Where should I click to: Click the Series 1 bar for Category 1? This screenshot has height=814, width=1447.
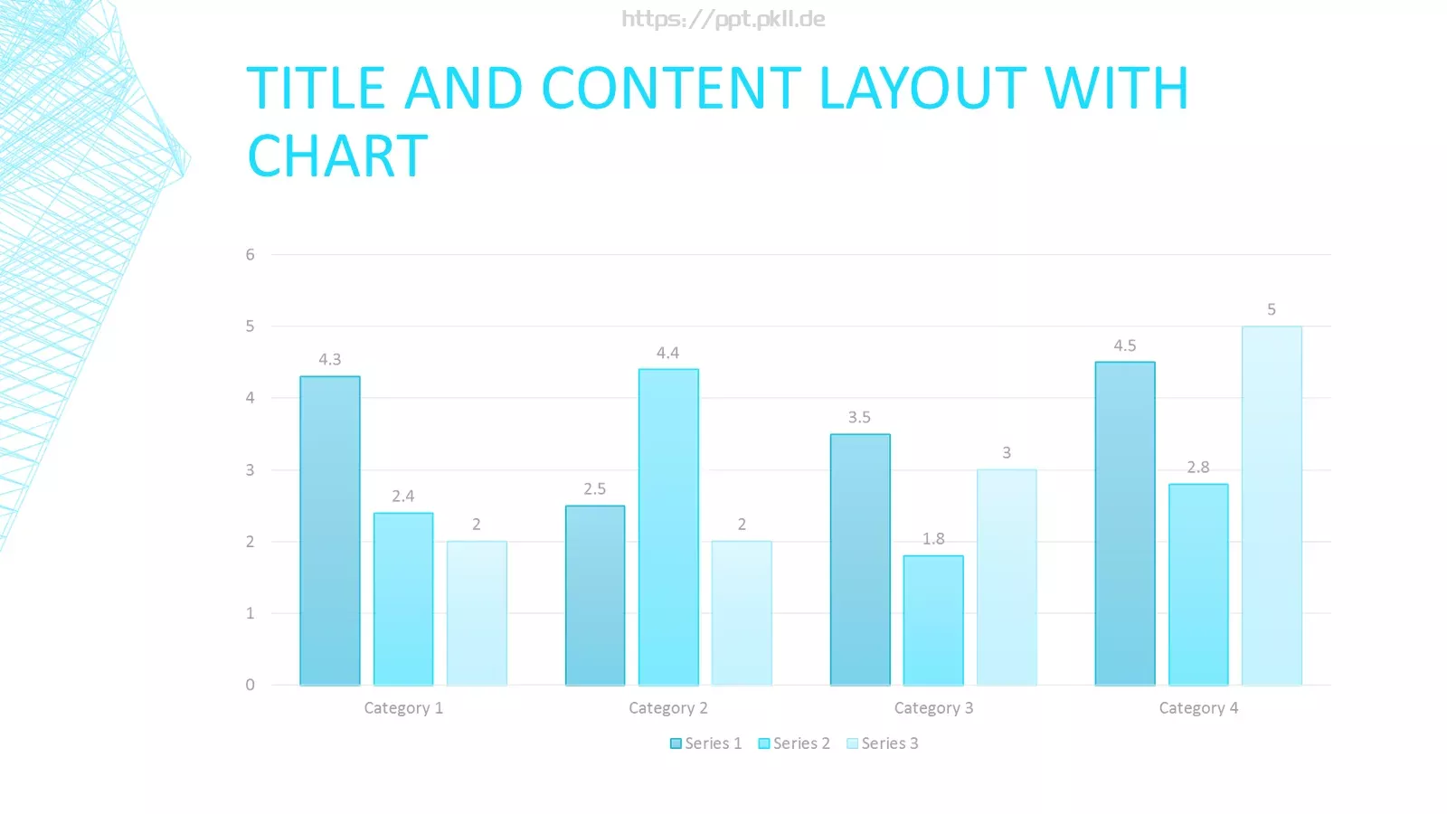pos(330,530)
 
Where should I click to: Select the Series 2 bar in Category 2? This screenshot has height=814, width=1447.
pos(668,527)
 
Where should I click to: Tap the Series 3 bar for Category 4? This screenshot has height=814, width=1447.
pos(1272,506)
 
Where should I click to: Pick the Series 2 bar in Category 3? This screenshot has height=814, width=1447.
pos(933,620)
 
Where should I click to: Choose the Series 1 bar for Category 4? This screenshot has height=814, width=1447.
pos(1125,524)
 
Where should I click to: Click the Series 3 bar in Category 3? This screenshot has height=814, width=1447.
pos(1007,578)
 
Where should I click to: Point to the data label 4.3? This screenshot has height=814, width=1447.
pos(329,359)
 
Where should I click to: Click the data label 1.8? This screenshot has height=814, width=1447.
pos(932,538)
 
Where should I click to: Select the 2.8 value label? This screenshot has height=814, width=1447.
pos(1197,467)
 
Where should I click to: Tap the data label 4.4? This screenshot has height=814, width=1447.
pos(668,352)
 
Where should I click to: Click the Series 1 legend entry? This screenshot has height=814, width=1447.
pos(706,743)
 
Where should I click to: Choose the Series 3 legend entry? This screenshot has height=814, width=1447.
pos(883,743)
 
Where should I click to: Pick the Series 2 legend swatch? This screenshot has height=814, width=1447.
pos(763,743)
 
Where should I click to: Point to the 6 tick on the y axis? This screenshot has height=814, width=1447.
pos(250,254)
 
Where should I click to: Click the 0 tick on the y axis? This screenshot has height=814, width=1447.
pos(250,685)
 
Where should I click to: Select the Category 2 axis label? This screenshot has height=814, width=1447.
pos(668,708)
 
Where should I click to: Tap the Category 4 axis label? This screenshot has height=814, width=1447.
pos(1198,708)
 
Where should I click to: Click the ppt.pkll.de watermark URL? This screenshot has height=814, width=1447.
pos(723,19)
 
